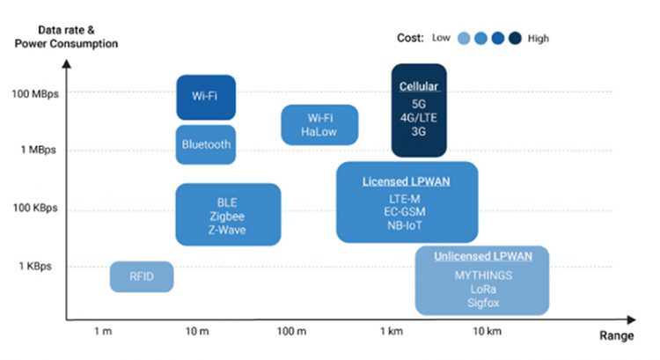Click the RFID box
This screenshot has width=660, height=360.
pyautogui.click(x=142, y=276)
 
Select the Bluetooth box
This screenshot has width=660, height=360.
pyautogui.click(x=206, y=144)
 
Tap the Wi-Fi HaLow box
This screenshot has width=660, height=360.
pyautogui.click(x=319, y=125)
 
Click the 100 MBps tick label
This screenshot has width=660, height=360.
pyautogui.click(x=35, y=94)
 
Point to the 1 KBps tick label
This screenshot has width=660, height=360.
pyautogui.click(x=35, y=266)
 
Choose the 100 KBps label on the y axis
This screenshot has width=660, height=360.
pyautogui.click(x=35, y=208)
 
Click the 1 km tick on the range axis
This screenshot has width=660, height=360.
pyautogui.click(x=392, y=331)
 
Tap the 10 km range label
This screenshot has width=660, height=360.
pyautogui.click(x=487, y=331)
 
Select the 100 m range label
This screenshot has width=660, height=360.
pyautogui.click(x=291, y=331)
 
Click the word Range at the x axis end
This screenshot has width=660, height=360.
pyautogui.click(x=617, y=335)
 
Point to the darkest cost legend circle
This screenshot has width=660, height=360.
pyautogui.click(x=515, y=39)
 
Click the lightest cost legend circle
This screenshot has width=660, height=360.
pyautogui.click(x=464, y=39)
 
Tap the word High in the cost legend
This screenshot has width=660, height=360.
pyautogui.click(x=539, y=39)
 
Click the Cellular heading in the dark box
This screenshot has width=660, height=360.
pyautogui.click(x=419, y=86)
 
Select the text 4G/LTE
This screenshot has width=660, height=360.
pyautogui.click(x=418, y=117)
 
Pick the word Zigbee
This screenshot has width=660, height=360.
pyautogui.click(x=227, y=217)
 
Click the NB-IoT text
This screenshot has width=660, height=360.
pyautogui.click(x=405, y=225)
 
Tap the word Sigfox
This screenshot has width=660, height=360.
pyautogui.click(x=483, y=303)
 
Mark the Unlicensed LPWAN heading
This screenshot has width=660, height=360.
pyautogui.click(x=483, y=256)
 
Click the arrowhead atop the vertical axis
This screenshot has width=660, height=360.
pyautogui.click(x=67, y=64)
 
